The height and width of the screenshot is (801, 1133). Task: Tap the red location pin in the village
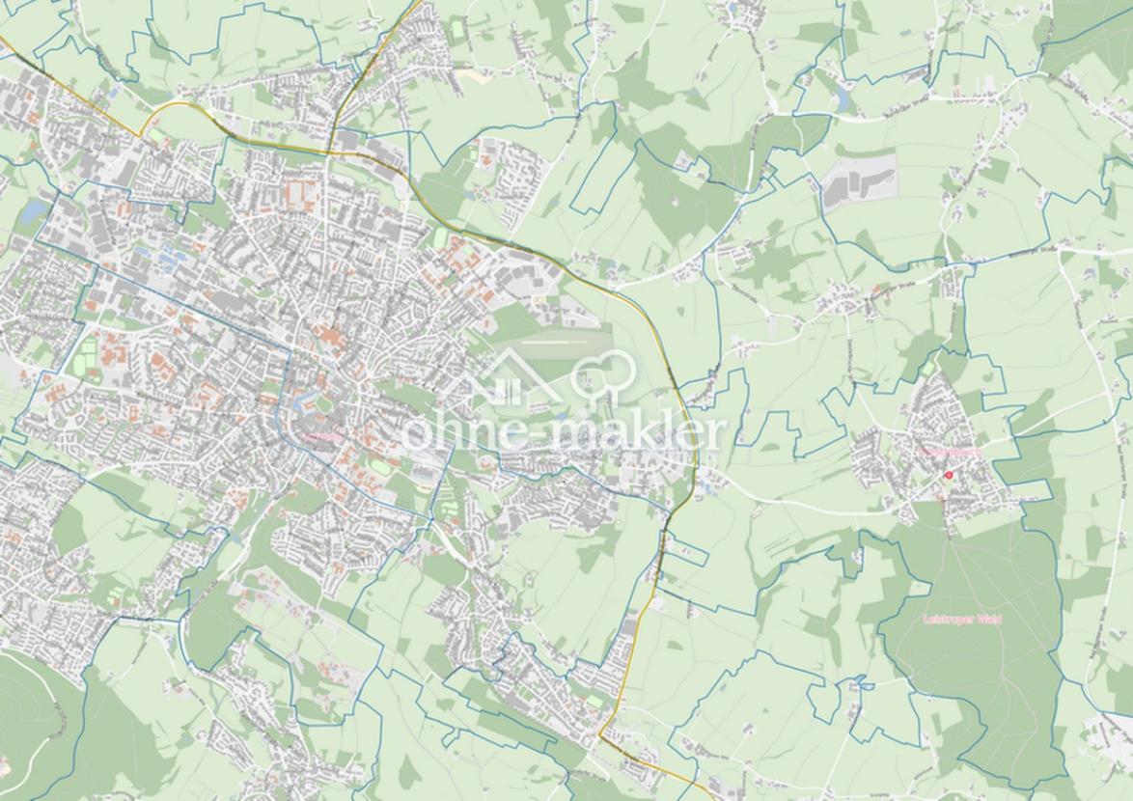(949, 475)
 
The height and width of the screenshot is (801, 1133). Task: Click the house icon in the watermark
(504, 380)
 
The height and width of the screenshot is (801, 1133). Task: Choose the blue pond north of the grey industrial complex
(845, 97)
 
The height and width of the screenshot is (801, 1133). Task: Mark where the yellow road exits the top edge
(416, 3)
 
